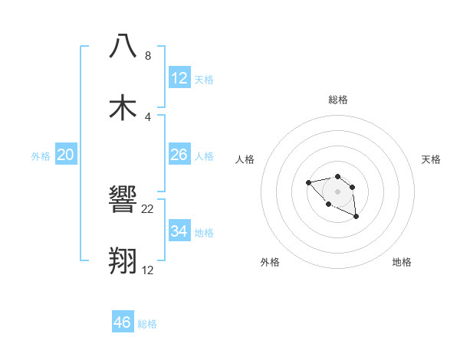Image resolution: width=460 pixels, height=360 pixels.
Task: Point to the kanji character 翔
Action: pos(123,260)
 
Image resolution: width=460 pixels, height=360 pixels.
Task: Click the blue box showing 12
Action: pos(179,77)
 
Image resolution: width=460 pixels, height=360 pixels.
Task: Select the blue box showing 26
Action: pos(179,155)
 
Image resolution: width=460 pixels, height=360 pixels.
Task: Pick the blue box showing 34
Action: pos(179,231)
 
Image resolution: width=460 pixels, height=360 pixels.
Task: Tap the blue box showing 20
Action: pos(66,155)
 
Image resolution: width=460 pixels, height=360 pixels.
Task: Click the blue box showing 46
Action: pos(123,322)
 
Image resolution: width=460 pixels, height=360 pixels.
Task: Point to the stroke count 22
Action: pos(148,209)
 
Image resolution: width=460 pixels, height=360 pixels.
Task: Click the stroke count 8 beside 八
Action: pos(148,56)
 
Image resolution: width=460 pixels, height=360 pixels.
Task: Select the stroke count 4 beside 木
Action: pos(148,117)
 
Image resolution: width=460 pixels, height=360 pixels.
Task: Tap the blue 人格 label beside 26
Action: pos(204,156)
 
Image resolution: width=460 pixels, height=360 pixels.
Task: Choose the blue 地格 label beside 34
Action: pos(204,232)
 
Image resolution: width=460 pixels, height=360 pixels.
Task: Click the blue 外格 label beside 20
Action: pos(41,156)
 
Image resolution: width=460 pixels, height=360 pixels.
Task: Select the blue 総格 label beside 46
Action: pos(147,324)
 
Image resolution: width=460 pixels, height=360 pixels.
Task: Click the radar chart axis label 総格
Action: pos(337,100)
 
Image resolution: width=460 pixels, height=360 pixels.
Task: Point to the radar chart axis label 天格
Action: pos(431,159)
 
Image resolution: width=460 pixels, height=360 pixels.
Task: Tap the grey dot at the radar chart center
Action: pos(337,191)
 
